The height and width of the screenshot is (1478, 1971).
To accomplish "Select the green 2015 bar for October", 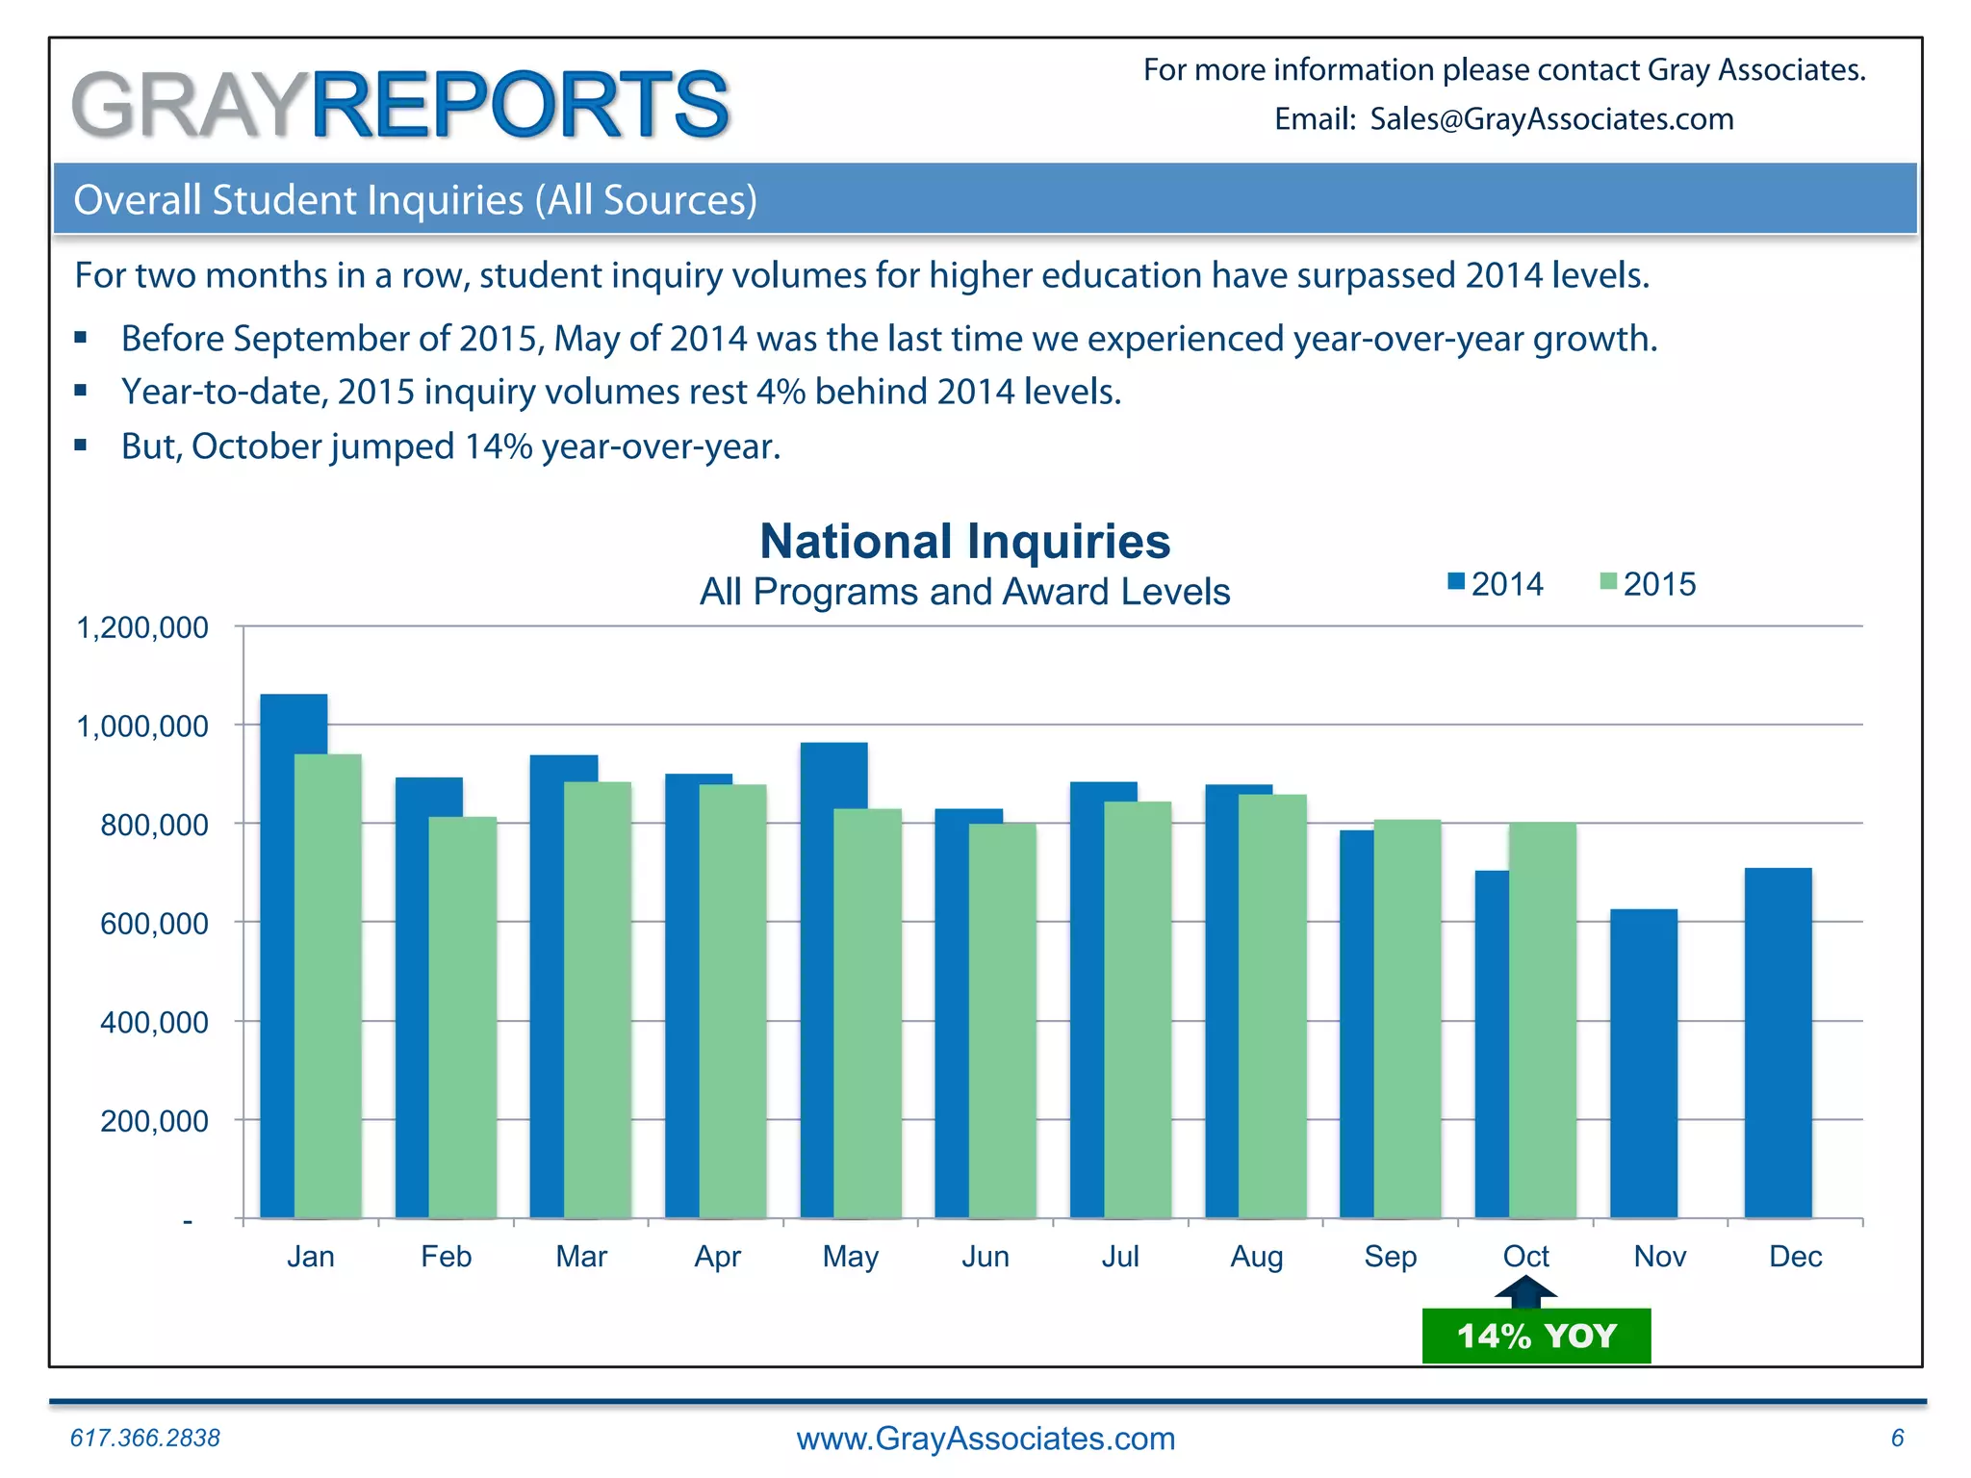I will click(x=1543, y=1020).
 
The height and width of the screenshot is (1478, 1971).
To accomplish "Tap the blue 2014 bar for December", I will click(x=1778, y=1043).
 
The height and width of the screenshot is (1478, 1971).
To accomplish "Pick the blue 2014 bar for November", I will click(x=1643, y=1063).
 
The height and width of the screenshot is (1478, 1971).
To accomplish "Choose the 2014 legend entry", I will click(x=1496, y=584).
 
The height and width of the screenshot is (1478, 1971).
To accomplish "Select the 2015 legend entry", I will click(x=1648, y=584).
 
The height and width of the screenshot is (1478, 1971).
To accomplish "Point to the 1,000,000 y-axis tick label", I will click(x=142, y=726).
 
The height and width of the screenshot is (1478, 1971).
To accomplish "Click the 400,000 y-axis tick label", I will click(x=154, y=1022).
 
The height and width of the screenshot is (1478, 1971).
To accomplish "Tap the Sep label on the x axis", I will click(x=1390, y=1257).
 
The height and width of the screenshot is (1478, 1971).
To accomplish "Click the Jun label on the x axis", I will click(x=985, y=1257).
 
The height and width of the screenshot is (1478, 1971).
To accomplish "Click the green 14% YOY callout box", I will click(x=1536, y=1336).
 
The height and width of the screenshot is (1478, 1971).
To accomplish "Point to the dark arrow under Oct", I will click(x=1525, y=1291).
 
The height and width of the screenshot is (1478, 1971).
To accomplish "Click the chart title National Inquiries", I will click(x=964, y=541).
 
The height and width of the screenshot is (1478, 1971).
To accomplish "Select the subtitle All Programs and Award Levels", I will click(x=964, y=592).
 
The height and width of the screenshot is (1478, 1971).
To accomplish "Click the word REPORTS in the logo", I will click(x=520, y=104).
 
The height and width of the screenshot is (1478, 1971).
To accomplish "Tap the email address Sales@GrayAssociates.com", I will click(x=1551, y=119).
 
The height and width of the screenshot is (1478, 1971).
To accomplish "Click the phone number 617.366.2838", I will click(x=145, y=1438).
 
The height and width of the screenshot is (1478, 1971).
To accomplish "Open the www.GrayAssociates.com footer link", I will click(x=985, y=1439).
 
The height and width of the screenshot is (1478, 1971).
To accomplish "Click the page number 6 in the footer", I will click(x=1897, y=1438).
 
